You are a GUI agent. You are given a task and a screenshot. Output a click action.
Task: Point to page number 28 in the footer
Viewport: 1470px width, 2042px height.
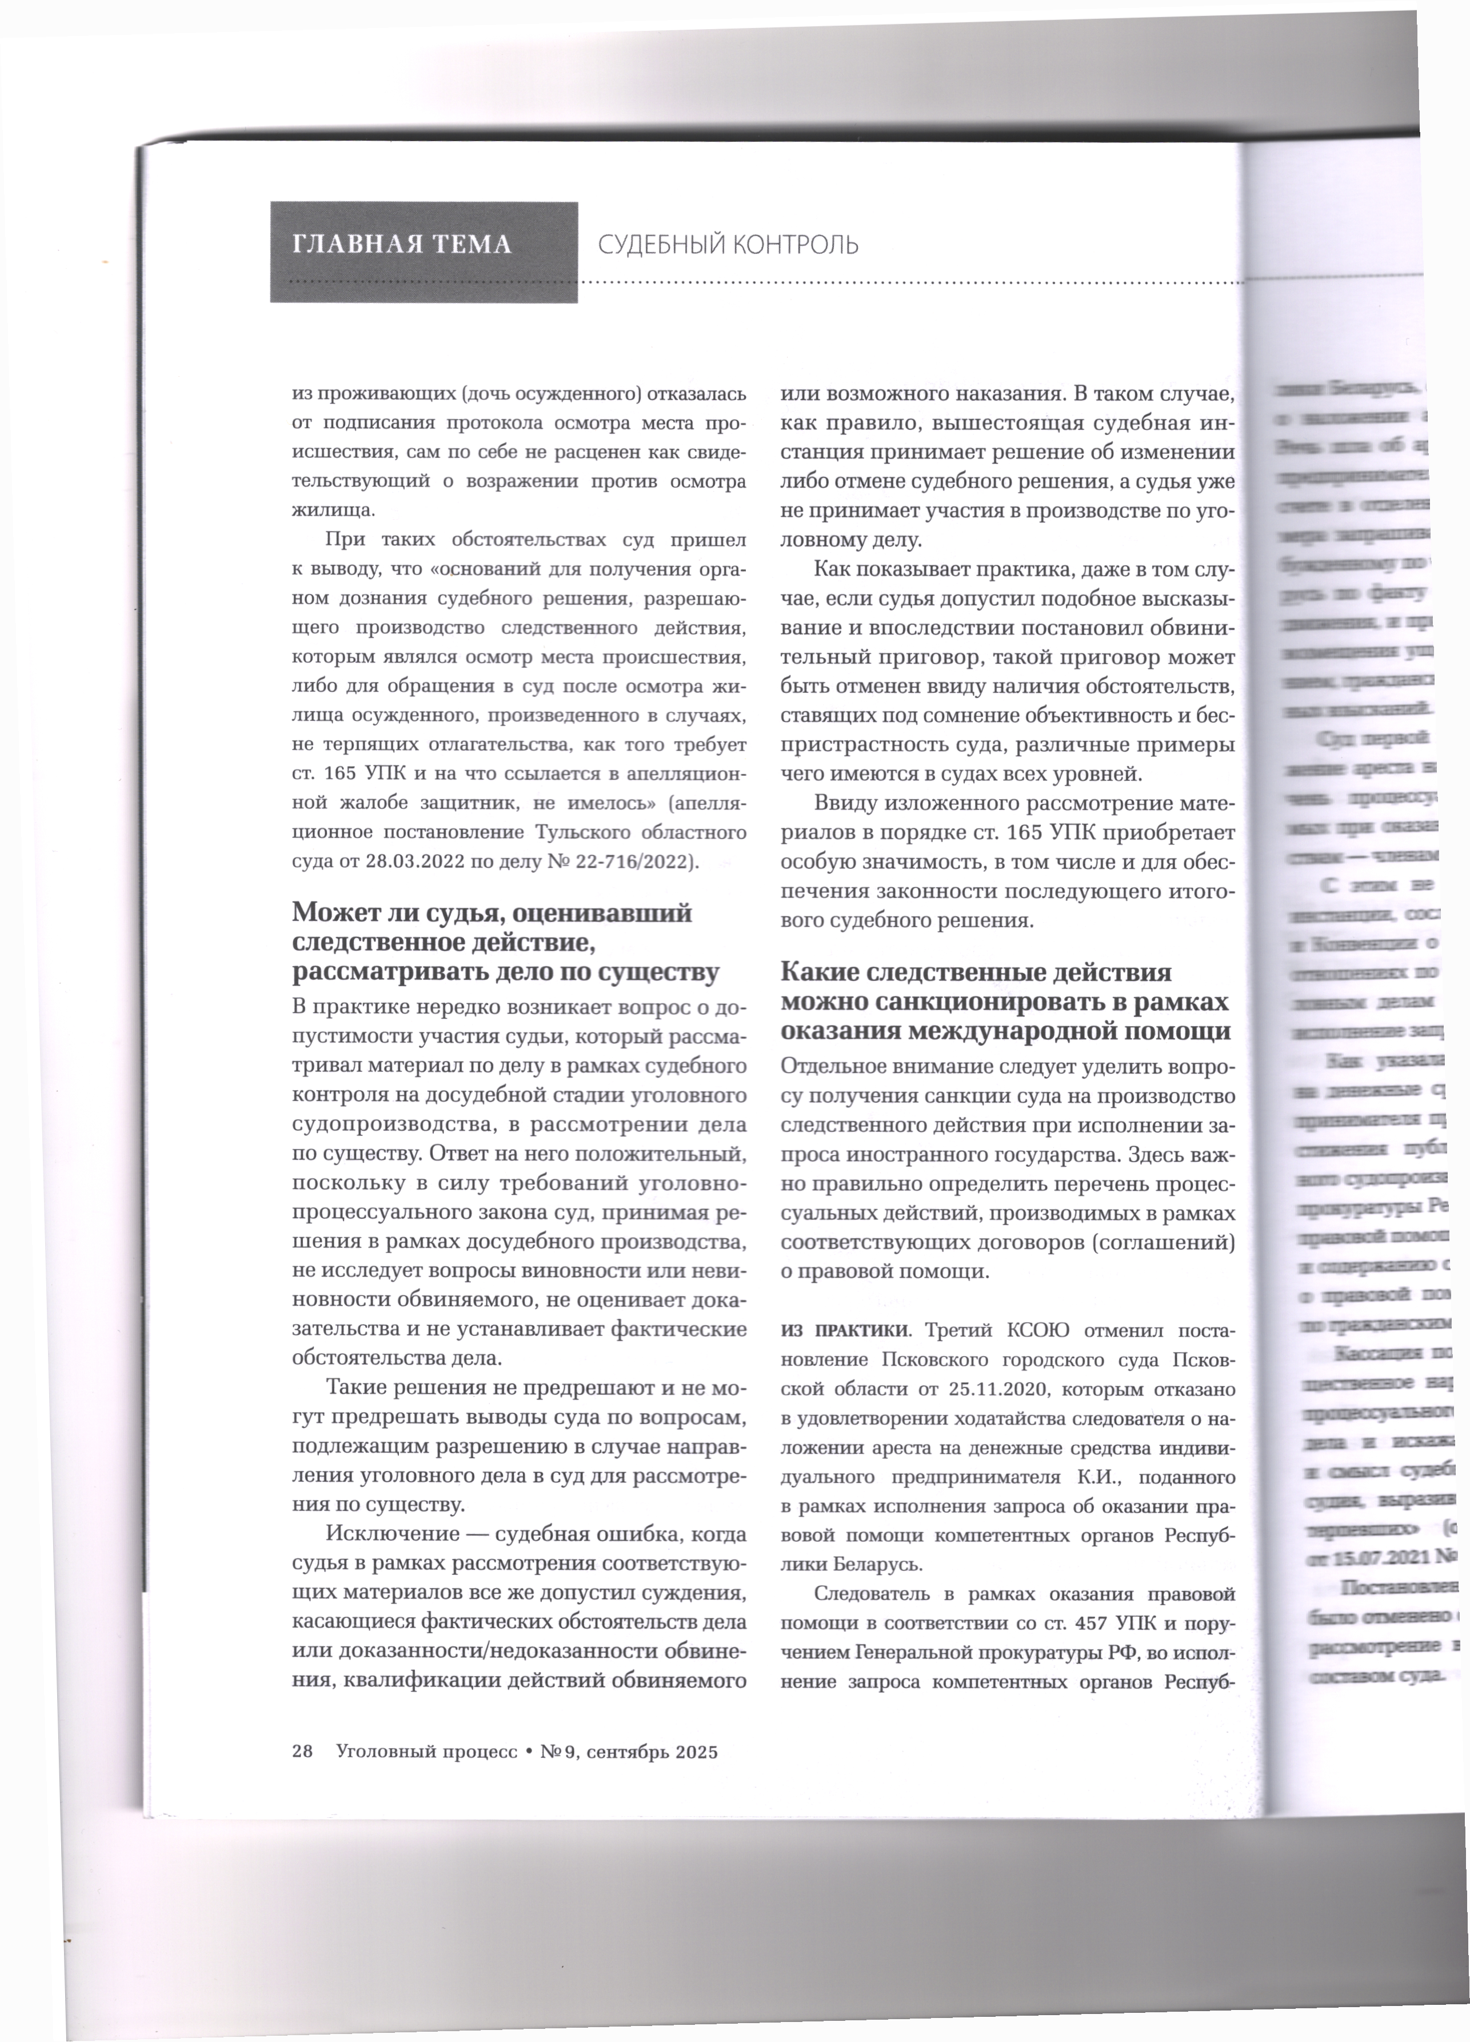302,1751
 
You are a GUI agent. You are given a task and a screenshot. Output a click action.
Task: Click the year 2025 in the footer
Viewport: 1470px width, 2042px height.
697,1751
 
